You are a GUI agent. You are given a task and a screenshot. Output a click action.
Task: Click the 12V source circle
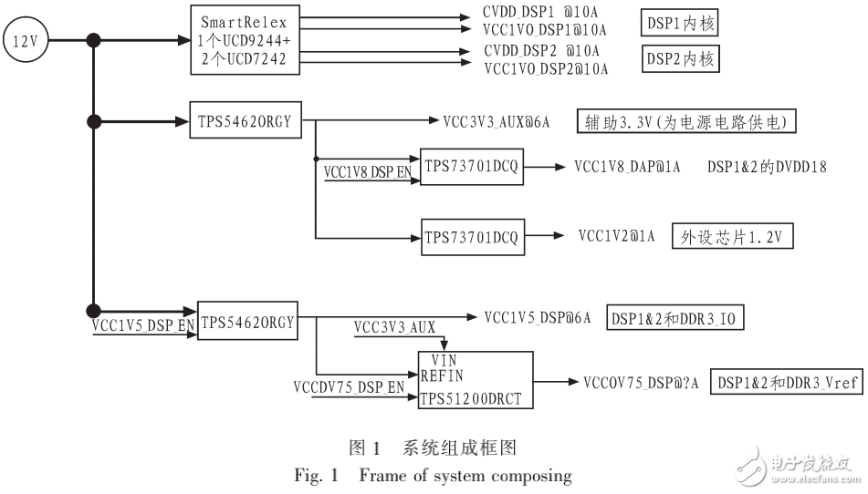tap(25, 40)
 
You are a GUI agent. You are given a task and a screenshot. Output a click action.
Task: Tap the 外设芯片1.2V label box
tap(733, 237)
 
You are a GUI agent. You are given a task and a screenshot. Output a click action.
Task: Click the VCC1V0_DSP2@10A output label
tap(545, 68)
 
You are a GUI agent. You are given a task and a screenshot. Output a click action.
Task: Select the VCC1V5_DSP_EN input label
tap(143, 324)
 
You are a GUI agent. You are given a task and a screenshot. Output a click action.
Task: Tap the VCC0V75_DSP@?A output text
tap(641, 384)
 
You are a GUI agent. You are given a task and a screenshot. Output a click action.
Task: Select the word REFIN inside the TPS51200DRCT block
tap(443, 375)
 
